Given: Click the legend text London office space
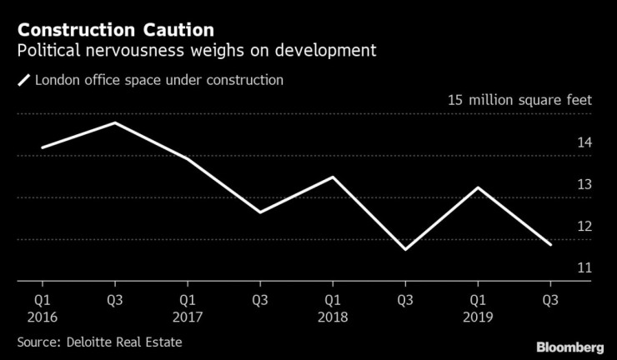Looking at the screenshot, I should tap(158, 81).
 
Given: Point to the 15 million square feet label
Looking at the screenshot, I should tap(519, 100).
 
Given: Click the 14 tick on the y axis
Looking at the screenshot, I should tap(584, 142).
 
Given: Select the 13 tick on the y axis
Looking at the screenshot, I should tap(584, 184).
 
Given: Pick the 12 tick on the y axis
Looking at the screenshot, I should tap(584, 226).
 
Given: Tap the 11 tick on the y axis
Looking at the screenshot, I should tap(584, 268).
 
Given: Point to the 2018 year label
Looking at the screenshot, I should tap(332, 317).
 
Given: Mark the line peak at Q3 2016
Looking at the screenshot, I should tap(113, 123).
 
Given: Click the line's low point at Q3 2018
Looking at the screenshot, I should tap(404, 249).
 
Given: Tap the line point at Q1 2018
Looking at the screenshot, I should tap(332, 177).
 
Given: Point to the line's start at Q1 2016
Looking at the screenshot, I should tap(41, 147).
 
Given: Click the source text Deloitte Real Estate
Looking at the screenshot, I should tap(99, 342).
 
